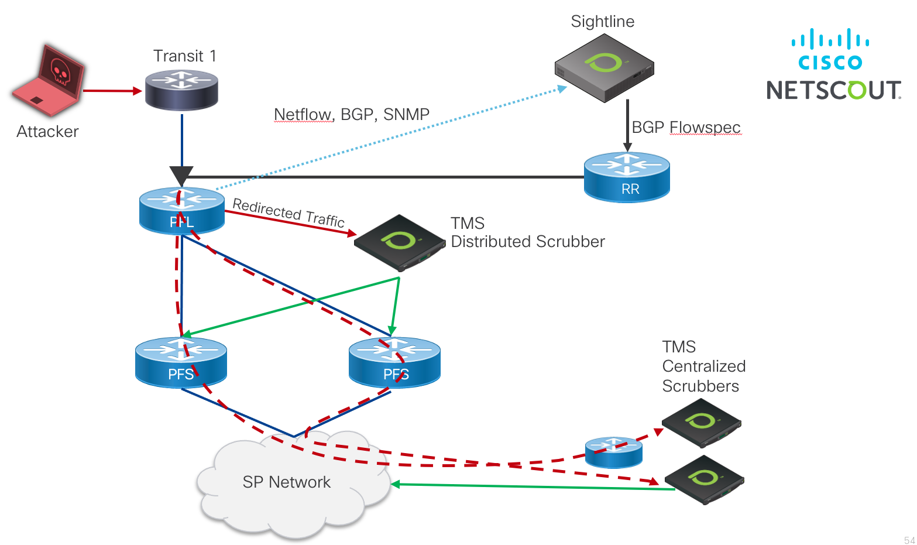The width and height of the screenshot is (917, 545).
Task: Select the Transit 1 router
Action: (181, 90)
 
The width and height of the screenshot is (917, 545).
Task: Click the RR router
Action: (627, 177)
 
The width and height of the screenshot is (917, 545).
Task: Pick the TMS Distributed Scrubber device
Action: (400, 242)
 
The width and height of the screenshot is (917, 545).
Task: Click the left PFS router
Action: (181, 362)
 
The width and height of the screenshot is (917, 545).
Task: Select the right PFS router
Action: (394, 362)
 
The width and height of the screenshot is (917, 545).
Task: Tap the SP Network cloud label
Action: (286, 482)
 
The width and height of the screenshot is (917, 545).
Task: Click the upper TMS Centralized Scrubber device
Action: (701, 423)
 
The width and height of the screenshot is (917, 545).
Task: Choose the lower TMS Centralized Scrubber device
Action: (704, 479)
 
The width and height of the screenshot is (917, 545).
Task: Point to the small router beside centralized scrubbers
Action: (613, 452)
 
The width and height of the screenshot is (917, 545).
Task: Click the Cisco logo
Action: (830, 49)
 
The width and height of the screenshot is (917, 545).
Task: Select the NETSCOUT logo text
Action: (833, 90)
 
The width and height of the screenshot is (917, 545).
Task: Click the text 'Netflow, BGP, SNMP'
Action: (351, 114)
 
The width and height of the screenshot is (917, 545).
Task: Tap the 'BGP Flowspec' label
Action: (686, 127)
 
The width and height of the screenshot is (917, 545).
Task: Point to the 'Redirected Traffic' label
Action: (289, 212)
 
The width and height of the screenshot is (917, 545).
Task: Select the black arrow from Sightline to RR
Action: (627, 125)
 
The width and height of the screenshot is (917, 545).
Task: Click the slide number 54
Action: (909, 540)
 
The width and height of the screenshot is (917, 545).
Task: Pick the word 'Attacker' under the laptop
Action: (47, 131)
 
